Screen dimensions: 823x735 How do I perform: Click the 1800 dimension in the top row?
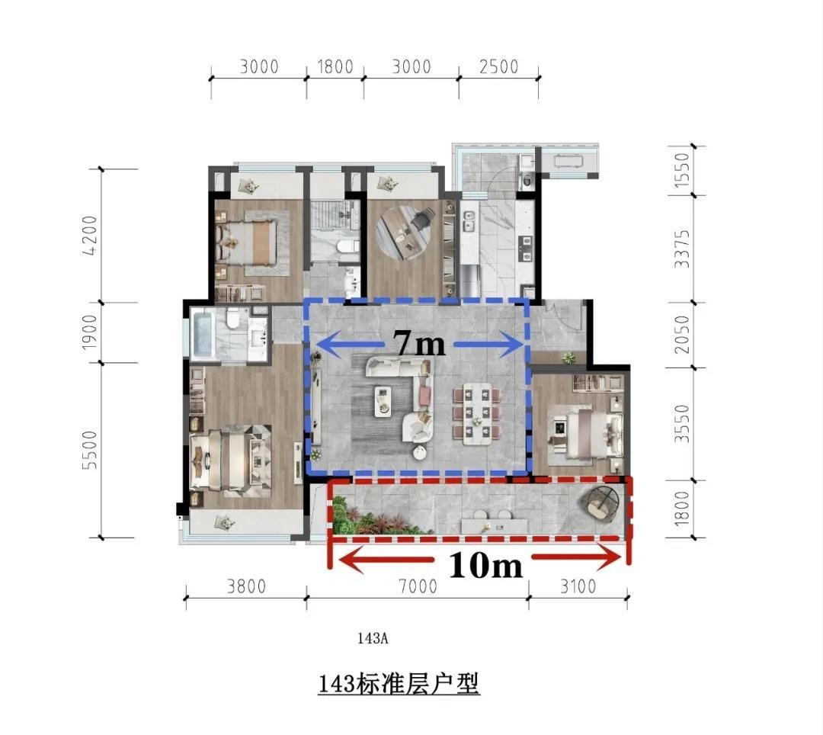coord(335,66)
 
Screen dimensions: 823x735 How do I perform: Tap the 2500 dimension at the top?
coord(498,66)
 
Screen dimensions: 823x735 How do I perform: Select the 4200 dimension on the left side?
coord(90,235)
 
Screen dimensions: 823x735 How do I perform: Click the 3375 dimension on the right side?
coord(681,249)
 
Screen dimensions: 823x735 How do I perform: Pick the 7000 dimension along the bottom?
coord(418,586)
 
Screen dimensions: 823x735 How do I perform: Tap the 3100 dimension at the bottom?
coord(578,586)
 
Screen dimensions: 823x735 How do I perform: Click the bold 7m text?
coord(420,344)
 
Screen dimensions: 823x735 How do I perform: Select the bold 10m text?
coord(485,566)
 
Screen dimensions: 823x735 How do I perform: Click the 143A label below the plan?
coord(373,638)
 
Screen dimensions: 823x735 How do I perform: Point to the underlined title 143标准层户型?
coord(399,684)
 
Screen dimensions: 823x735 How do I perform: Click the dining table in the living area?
coord(477,414)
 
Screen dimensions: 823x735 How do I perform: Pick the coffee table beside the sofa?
coord(383,402)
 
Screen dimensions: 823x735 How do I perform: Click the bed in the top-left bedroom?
coord(245,242)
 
